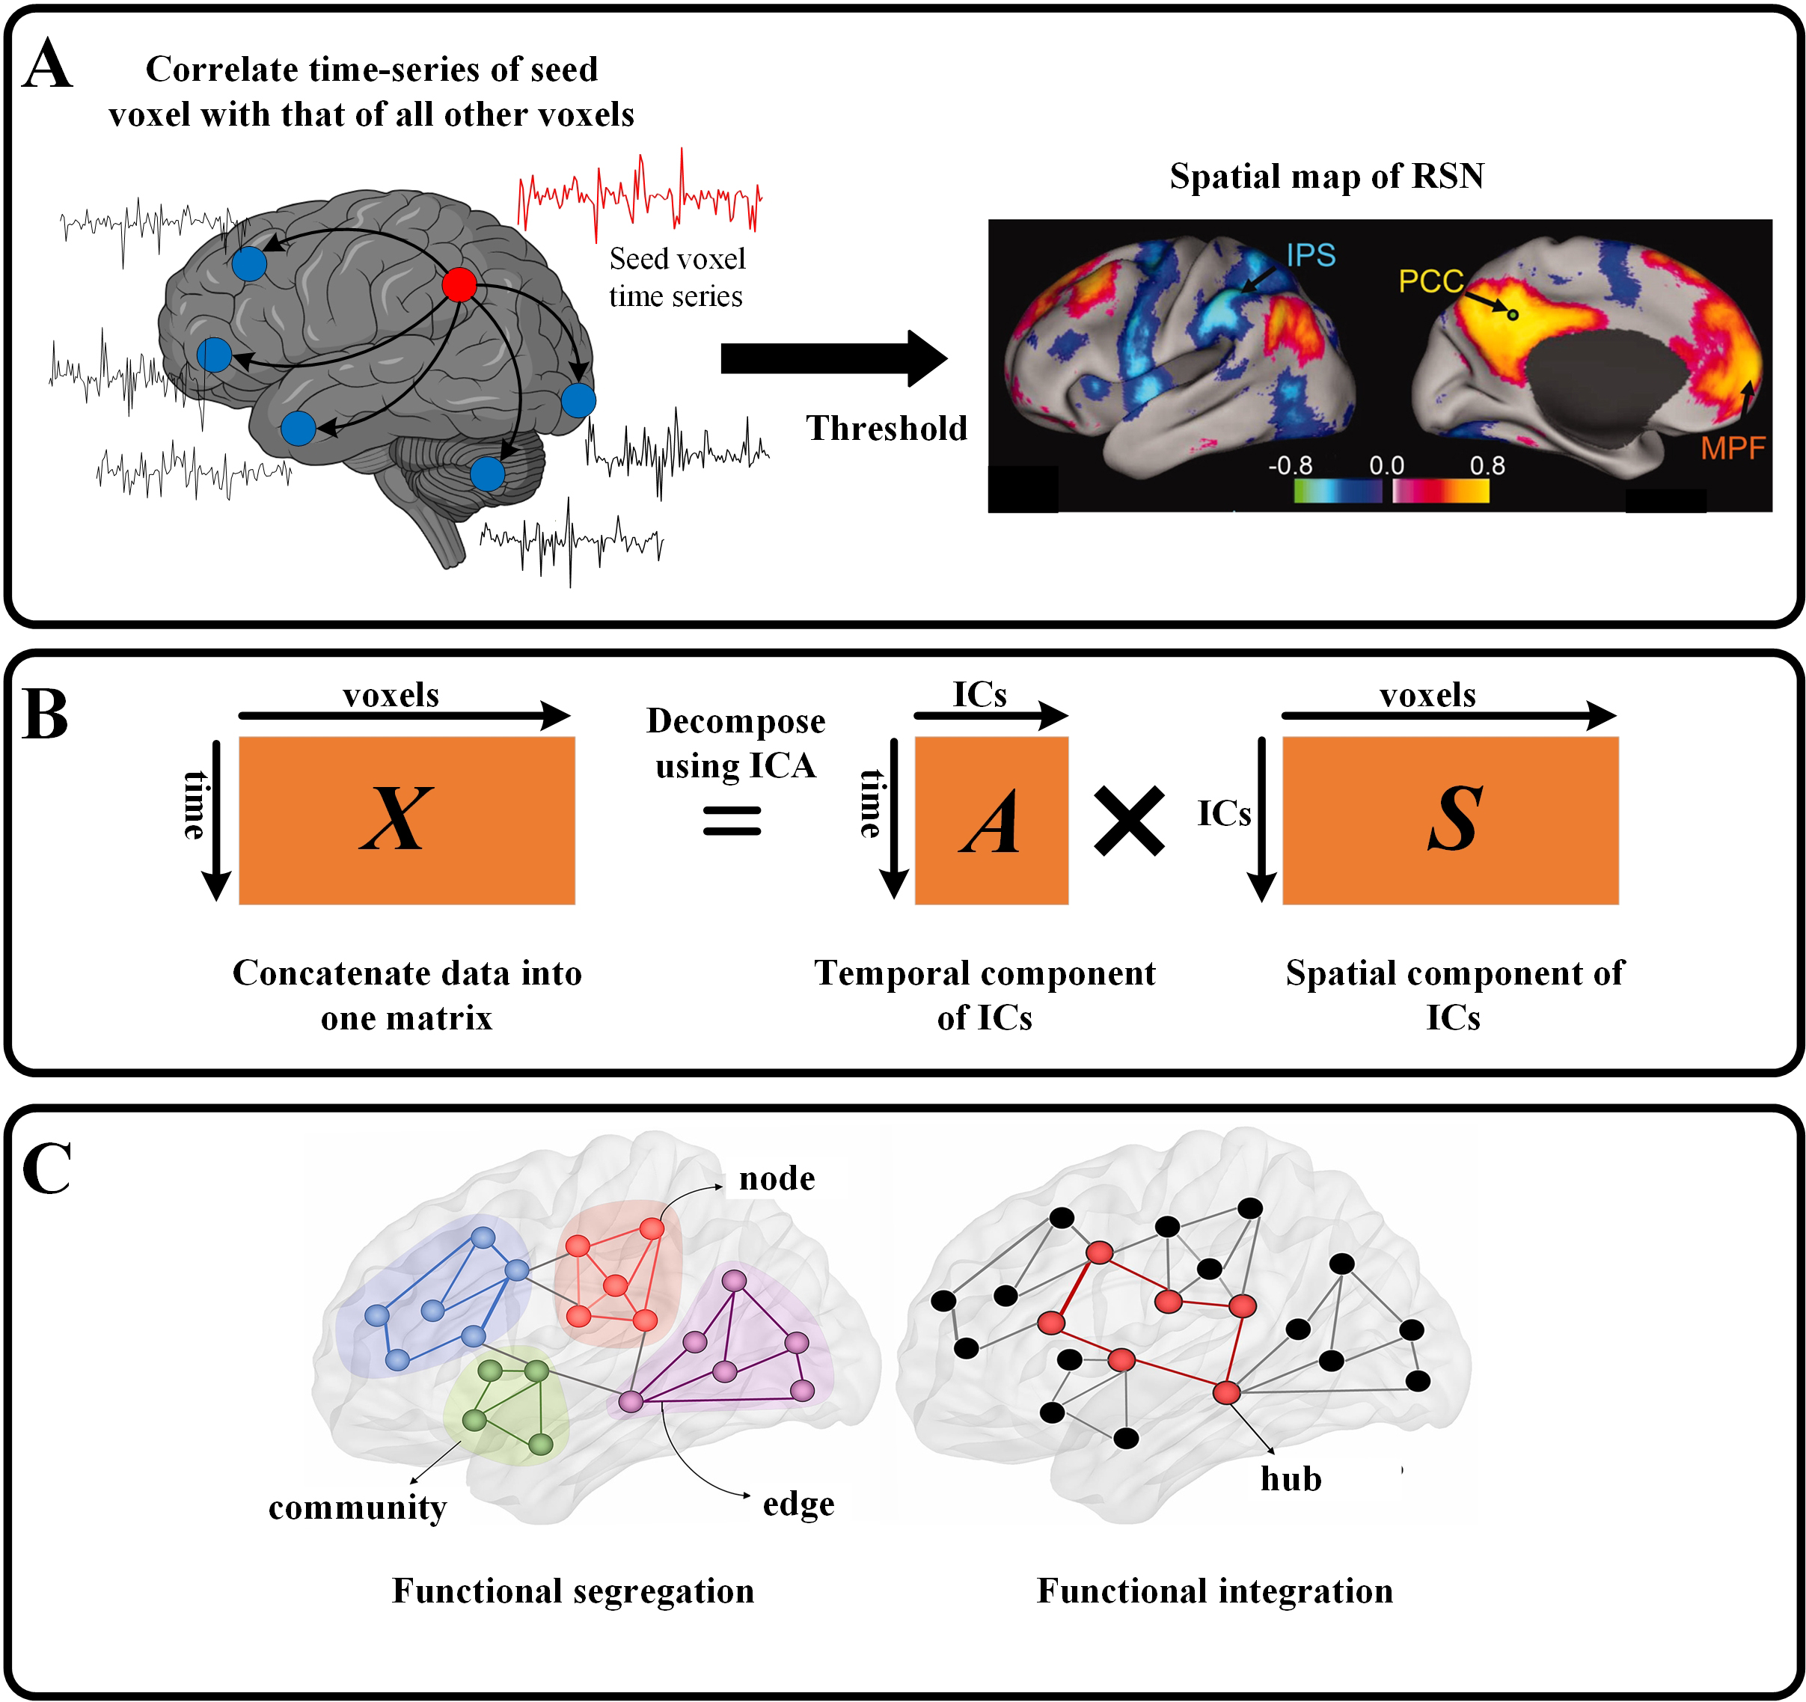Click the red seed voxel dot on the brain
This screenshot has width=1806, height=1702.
point(459,284)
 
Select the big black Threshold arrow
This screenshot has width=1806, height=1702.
point(832,359)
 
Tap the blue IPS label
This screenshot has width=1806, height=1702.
point(1310,255)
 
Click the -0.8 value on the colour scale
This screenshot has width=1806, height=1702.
point(1290,466)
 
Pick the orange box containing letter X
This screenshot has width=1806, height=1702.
point(406,820)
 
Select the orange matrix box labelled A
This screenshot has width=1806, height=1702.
point(991,820)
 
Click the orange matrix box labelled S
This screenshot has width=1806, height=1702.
point(1450,820)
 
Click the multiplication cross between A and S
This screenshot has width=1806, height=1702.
point(1129,821)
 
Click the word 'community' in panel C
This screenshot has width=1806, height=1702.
point(357,1507)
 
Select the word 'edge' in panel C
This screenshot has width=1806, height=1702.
point(798,1504)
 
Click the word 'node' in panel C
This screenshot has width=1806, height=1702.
point(777,1178)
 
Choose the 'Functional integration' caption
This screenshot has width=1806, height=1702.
point(1215,1591)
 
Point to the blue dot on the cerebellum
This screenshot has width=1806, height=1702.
point(487,473)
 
